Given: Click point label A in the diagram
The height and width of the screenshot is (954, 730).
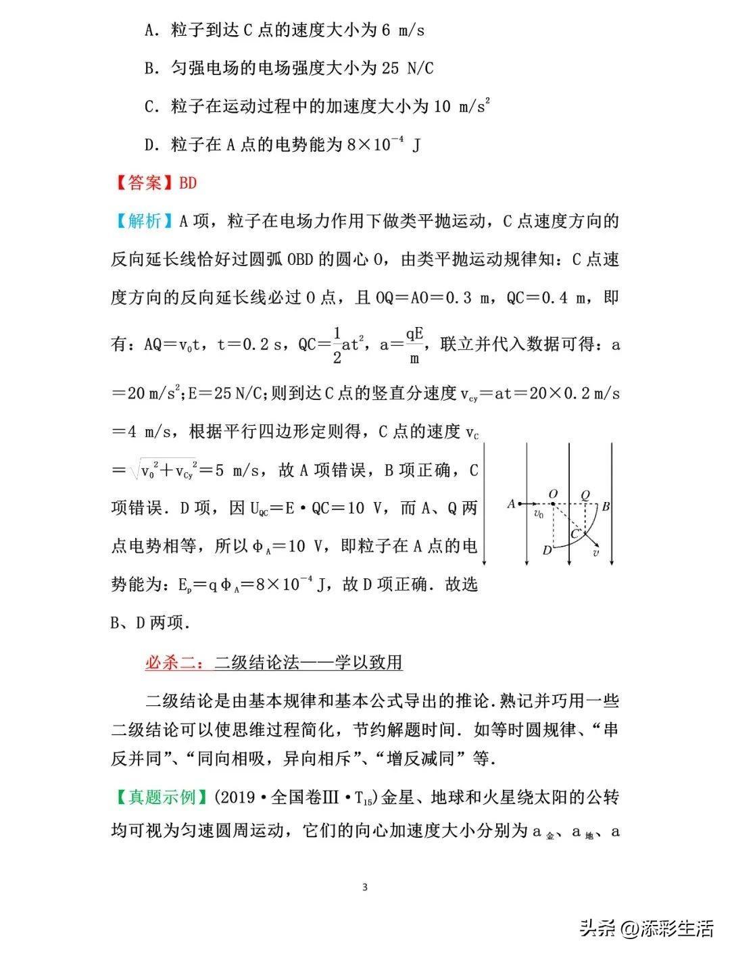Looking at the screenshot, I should click(x=511, y=503).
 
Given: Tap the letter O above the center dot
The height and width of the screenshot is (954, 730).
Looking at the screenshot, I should click(x=553, y=495).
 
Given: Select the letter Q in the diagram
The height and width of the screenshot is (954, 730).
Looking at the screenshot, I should click(x=585, y=495).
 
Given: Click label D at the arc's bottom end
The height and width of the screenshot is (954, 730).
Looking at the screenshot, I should click(x=547, y=550).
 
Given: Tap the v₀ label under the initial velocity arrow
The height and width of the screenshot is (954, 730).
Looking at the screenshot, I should click(x=538, y=514).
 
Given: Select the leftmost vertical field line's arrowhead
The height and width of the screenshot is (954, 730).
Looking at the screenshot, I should click(x=485, y=563).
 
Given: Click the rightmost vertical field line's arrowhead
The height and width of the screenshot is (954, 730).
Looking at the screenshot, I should click(x=612, y=563).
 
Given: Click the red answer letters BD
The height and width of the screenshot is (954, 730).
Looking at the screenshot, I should click(x=187, y=183).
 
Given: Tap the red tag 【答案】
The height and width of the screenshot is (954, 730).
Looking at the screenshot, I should click(x=143, y=183).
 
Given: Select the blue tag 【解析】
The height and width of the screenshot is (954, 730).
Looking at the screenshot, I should click(x=143, y=222).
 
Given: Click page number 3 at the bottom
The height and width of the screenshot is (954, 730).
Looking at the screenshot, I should click(x=365, y=887).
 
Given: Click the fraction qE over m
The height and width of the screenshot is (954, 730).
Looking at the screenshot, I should click(x=414, y=345).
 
